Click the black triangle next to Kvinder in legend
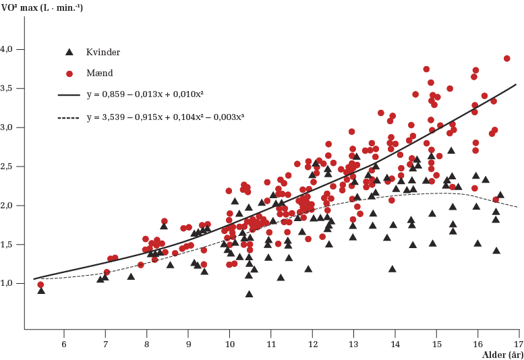point(67,51)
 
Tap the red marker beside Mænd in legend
point(68,73)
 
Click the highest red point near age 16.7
point(507,59)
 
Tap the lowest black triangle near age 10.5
point(250,294)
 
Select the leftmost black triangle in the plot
point(41,290)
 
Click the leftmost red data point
point(41,284)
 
